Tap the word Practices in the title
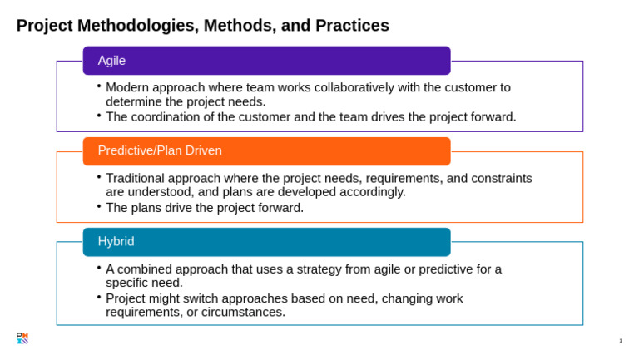point(352,25)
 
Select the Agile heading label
point(111,61)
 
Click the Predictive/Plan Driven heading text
point(160,150)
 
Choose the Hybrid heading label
point(116,241)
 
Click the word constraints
point(502,179)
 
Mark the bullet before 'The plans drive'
point(99,206)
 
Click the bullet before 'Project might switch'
point(99,298)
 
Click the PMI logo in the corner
point(22,338)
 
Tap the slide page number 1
point(621,340)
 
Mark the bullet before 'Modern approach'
point(99,86)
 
